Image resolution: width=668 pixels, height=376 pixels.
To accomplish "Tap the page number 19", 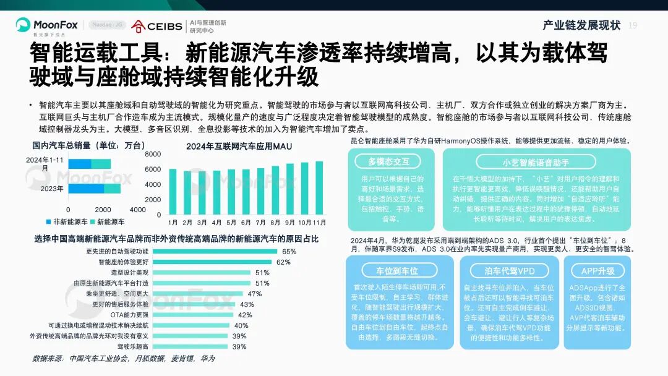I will tap(632, 25).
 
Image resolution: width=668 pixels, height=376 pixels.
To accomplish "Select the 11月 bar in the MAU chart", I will tap(319, 188).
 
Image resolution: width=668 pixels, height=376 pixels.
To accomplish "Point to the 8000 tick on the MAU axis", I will tap(153, 153).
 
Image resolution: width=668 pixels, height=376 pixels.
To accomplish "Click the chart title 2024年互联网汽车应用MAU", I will tap(239, 147).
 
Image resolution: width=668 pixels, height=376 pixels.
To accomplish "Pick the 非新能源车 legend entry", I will tap(66, 221).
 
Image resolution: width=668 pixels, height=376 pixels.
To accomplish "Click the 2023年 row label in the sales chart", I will tap(53, 189).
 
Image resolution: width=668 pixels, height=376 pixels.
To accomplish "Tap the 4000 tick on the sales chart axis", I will tap(138, 210).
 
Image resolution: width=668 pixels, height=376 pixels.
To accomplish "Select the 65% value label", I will tap(289, 252).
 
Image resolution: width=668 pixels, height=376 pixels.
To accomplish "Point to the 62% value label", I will tap(283, 262).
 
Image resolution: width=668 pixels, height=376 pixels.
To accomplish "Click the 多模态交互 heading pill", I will tap(389, 162).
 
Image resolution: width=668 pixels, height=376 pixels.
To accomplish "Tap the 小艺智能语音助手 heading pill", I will tap(536, 162).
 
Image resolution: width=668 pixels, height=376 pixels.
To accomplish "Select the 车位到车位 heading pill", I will tap(398, 271).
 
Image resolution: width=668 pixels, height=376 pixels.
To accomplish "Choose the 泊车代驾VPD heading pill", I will tap(509, 271).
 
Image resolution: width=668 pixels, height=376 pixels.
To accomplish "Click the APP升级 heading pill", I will tap(597, 271).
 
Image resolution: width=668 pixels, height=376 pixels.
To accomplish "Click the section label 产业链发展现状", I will tap(581, 25).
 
